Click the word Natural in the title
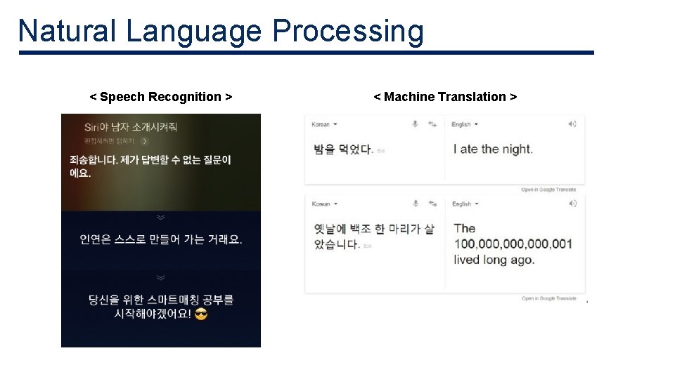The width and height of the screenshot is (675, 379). point(67,31)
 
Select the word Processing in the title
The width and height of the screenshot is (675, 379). point(348,32)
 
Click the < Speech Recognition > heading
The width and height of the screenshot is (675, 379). point(161,97)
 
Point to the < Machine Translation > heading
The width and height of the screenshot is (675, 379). point(445,97)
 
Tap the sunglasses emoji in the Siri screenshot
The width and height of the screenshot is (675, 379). point(201,314)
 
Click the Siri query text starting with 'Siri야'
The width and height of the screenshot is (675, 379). point(130,127)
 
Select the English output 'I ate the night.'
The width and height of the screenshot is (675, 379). point(493,149)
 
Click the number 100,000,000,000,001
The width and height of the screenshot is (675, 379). point(513,244)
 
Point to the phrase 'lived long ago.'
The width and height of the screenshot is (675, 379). point(494,260)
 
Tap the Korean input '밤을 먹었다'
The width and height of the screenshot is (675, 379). point(342,149)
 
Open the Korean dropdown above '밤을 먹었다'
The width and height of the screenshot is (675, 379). point(324,124)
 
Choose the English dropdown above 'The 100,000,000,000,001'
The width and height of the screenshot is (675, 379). point(465,204)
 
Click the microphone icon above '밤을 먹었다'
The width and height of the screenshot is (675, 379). point(415,124)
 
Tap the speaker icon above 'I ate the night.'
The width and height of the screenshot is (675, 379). point(572,124)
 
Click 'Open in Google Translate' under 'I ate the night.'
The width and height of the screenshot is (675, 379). point(548,189)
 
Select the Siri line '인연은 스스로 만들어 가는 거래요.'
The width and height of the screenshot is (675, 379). point(161,239)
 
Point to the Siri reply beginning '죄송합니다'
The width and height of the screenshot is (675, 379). point(150,166)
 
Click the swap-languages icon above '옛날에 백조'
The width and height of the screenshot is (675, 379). point(432,204)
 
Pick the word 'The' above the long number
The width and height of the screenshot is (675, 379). point(465,228)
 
